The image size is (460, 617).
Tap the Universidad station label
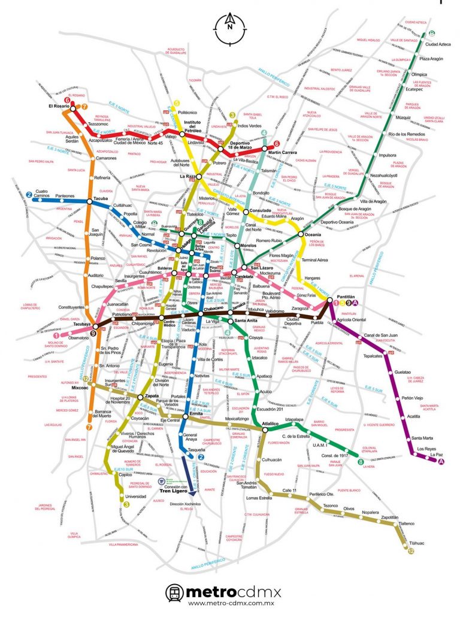(135, 496)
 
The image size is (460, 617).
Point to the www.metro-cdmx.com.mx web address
(230, 607)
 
